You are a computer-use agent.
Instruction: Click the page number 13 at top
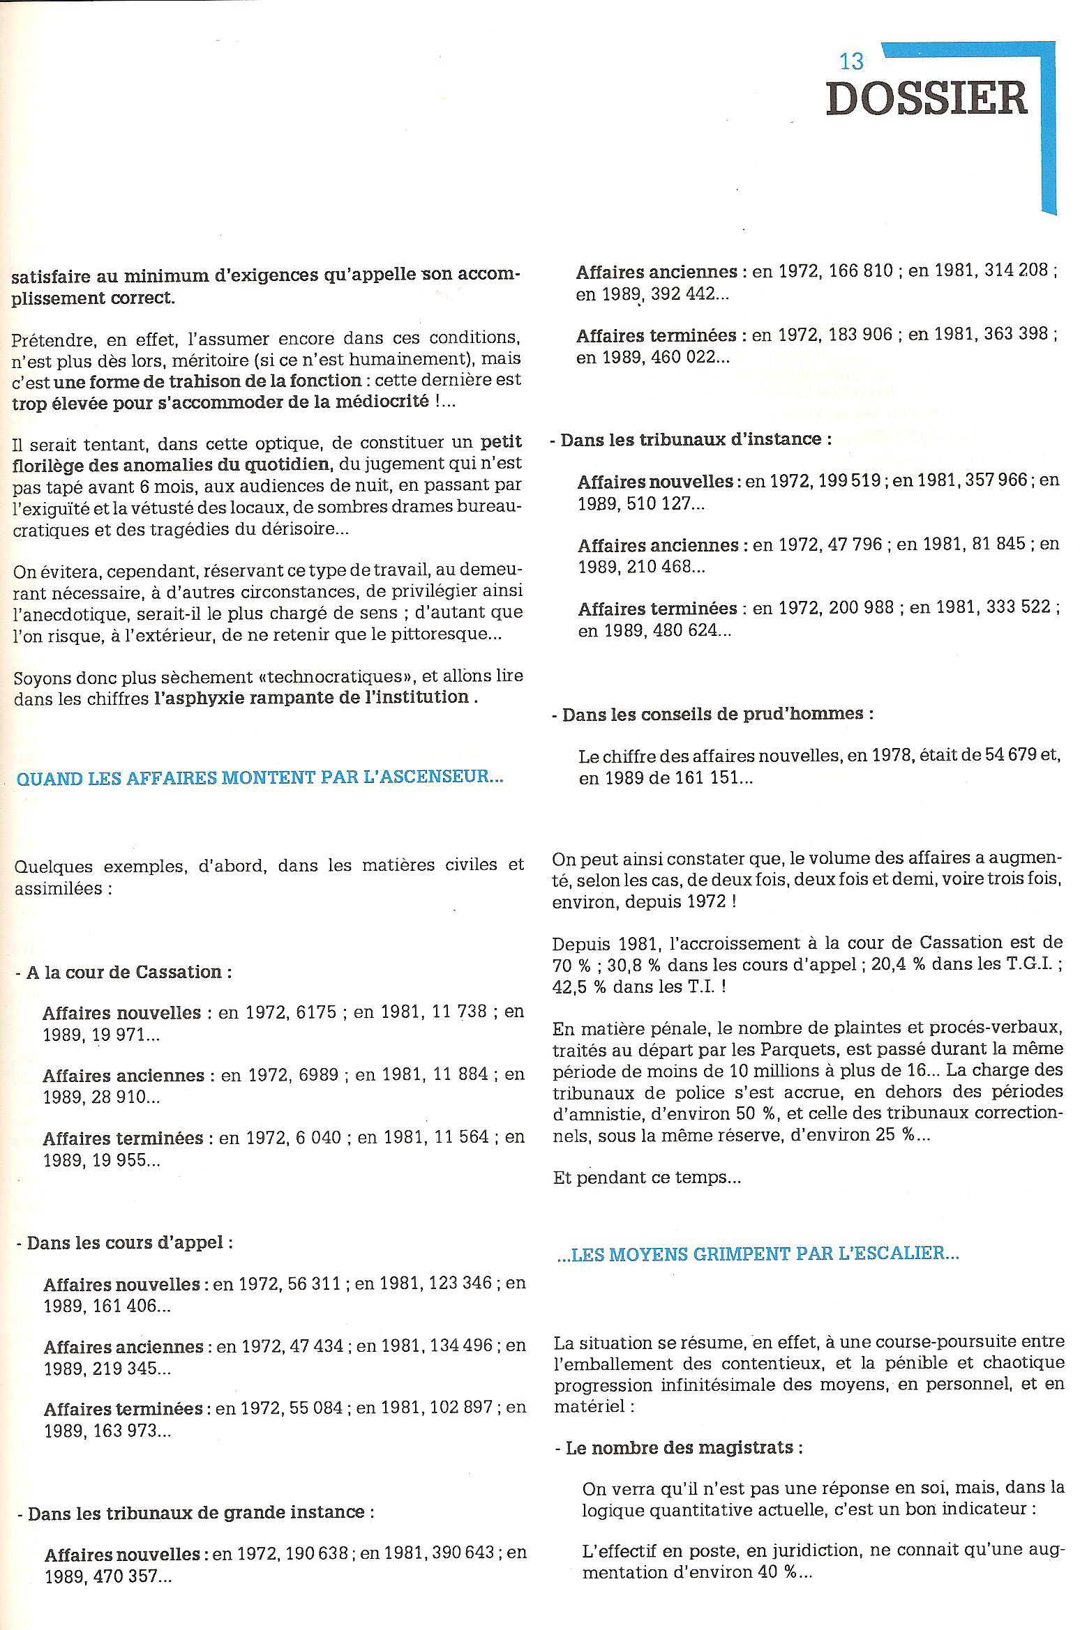[852, 61]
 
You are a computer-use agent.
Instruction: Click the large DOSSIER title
[927, 98]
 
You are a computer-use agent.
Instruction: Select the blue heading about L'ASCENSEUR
[259, 777]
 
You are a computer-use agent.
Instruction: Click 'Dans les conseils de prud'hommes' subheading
[717, 715]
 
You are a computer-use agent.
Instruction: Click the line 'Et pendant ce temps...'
[647, 1178]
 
